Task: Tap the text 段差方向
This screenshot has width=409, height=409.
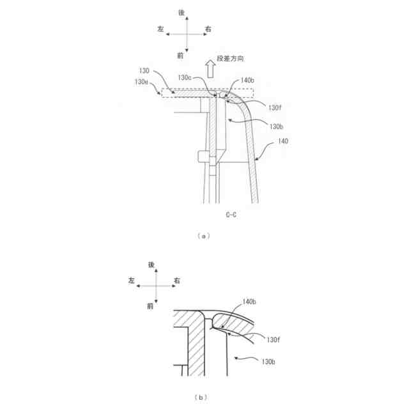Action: click(231, 59)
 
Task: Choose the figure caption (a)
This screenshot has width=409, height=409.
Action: click(204, 236)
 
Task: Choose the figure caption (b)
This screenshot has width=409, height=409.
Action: click(204, 397)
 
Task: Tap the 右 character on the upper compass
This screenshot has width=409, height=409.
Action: click(209, 29)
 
